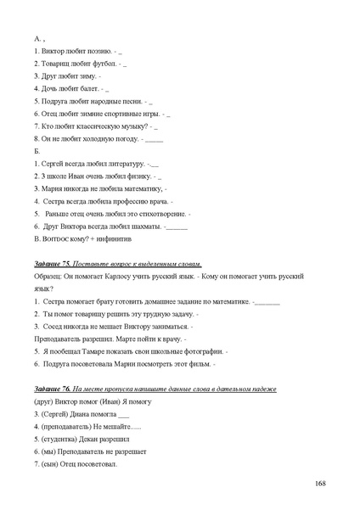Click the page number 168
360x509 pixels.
321,483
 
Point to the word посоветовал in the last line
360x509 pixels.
93,464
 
